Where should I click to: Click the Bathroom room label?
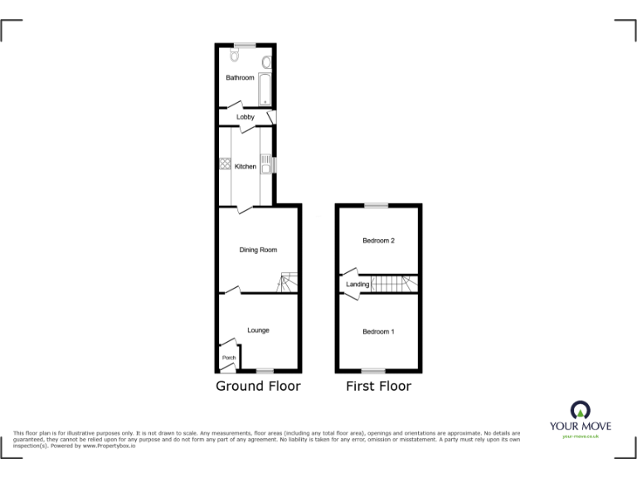pyautogui.click(x=241, y=78)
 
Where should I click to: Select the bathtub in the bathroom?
pyautogui.click(x=265, y=88)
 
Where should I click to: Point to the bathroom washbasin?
pyautogui.click(x=266, y=63)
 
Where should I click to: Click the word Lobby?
pyautogui.click(x=246, y=117)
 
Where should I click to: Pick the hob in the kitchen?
pyautogui.click(x=225, y=163)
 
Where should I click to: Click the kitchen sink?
pyautogui.click(x=265, y=168)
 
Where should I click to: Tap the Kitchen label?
pyautogui.click(x=246, y=167)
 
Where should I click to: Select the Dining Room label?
pyautogui.click(x=258, y=250)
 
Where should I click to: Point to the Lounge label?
pyautogui.click(x=258, y=330)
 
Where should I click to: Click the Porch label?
pyautogui.click(x=228, y=358)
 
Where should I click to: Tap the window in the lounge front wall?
pyautogui.click(x=264, y=370)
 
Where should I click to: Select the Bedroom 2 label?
pyautogui.click(x=378, y=241)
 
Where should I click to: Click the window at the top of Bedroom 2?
pyautogui.click(x=378, y=205)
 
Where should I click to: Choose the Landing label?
pyautogui.click(x=357, y=285)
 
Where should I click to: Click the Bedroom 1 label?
pyautogui.click(x=378, y=332)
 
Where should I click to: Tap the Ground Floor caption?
pyautogui.click(x=258, y=386)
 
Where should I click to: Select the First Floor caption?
pyautogui.click(x=378, y=386)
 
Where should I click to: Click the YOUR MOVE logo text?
pyautogui.click(x=581, y=426)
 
